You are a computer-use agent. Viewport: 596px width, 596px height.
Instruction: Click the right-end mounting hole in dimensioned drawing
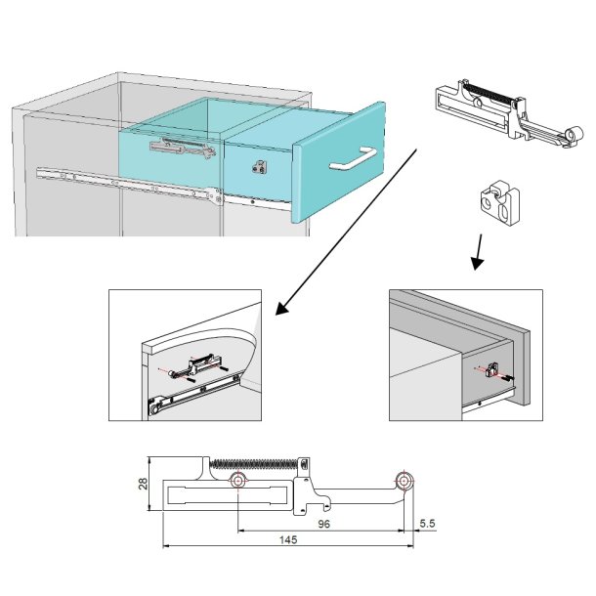404,481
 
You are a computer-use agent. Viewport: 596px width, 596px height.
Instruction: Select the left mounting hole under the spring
238,483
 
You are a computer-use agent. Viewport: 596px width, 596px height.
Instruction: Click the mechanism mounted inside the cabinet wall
181,149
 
